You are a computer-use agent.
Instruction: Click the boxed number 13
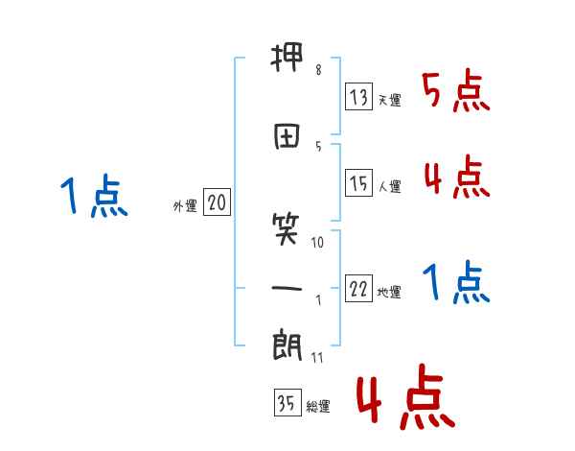tap(358, 97)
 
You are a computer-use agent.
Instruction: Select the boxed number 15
tap(358, 183)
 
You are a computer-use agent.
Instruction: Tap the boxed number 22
tap(358, 290)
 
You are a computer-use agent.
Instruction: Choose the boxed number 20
tap(217, 202)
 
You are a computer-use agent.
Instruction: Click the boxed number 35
tap(287, 403)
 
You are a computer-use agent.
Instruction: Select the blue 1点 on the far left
tap(94, 197)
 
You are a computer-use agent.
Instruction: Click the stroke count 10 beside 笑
tap(318, 243)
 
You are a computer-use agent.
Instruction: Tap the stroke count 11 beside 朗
tap(318, 358)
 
